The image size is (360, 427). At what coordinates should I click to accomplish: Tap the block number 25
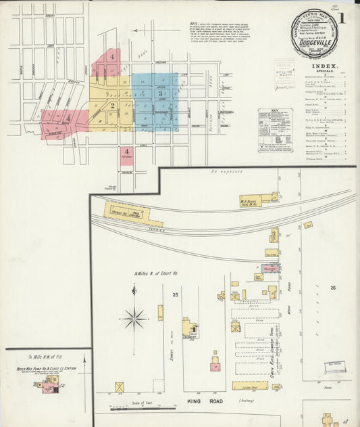coord(175,295)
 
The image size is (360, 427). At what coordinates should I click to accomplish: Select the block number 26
coord(332,288)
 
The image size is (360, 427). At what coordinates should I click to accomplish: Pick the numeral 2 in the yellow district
coord(113,105)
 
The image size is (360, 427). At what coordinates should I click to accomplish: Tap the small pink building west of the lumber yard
coord(272,268)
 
